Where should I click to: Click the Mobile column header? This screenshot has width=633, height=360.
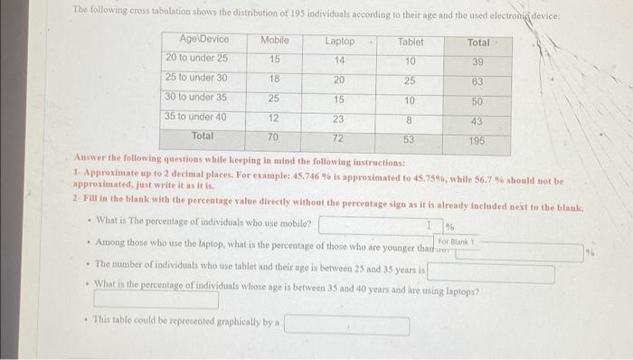coord(275,41)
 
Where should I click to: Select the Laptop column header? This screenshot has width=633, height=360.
coord(340,42)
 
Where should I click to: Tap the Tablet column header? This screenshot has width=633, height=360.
coord(410,42)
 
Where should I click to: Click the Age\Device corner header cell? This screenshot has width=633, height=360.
coord(204,40)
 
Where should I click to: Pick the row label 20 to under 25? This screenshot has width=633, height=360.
coord(197,59)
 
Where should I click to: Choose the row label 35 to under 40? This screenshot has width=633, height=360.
coord(196,117)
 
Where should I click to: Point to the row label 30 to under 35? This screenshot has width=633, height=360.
coord(196,98)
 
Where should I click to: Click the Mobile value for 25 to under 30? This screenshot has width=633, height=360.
coord(275,79)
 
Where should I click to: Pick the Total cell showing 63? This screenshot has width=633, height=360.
coord(477,82)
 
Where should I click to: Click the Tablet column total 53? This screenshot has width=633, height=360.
coord(409,139)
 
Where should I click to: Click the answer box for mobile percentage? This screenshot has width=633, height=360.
coord(378,223)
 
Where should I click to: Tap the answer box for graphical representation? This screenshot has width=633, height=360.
coord(347,325)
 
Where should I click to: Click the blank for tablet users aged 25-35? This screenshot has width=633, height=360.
coord(491,273)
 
